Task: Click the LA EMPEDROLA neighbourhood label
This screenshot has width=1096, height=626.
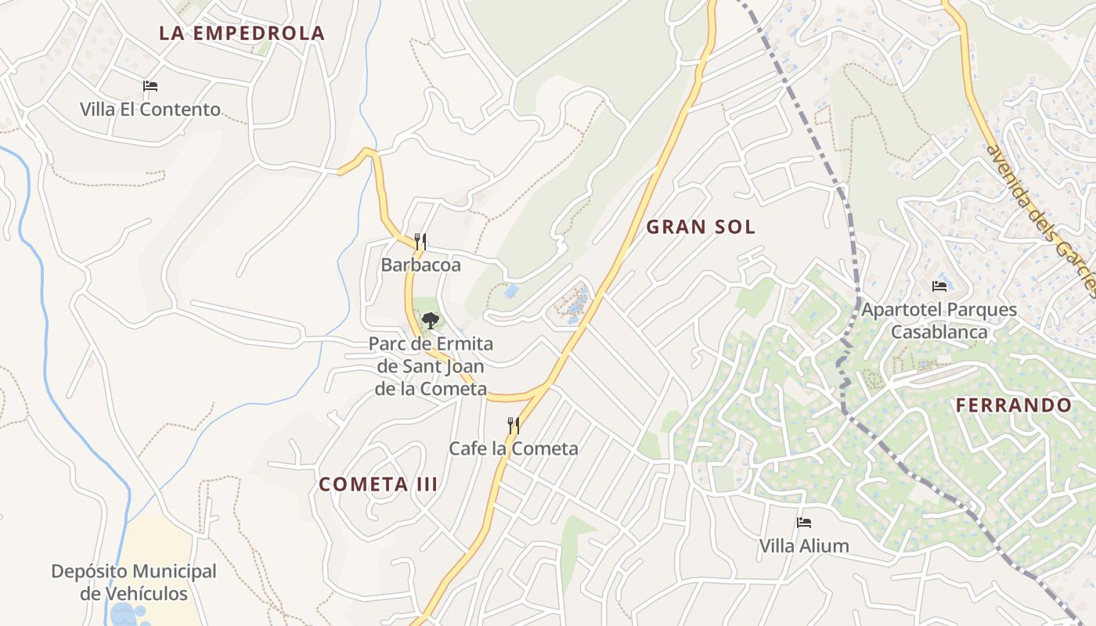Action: (241, 33)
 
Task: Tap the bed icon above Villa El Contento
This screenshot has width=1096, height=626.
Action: (150, 86)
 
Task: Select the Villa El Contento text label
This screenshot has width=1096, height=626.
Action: (150, 110)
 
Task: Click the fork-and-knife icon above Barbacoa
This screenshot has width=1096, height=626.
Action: (420, 242)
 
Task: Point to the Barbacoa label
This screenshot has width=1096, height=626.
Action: (420, 265)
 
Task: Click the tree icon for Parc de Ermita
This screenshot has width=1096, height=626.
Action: (430, 320)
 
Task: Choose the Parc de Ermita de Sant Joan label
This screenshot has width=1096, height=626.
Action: (431, 366)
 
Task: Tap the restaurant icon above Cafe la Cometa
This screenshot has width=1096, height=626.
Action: (514, 426)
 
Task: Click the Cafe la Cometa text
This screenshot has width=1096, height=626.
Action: (514, 448)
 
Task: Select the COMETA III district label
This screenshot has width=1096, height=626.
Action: (378, 484)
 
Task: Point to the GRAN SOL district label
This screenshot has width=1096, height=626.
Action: (701, 228)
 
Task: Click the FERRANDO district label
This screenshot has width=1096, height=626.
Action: (1013, 405)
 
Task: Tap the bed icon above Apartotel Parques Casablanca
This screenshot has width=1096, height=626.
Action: (939, 286)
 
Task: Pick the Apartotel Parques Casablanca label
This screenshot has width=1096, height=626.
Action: (939, 320)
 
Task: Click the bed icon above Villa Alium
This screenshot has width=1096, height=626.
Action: (804, 523)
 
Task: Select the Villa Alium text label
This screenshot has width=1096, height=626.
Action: (804, 546)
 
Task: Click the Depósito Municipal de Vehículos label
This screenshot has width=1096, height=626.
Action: (134, 582)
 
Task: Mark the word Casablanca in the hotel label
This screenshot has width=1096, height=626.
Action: (939, 332)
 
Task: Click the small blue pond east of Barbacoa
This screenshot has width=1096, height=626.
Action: (510, 291)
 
